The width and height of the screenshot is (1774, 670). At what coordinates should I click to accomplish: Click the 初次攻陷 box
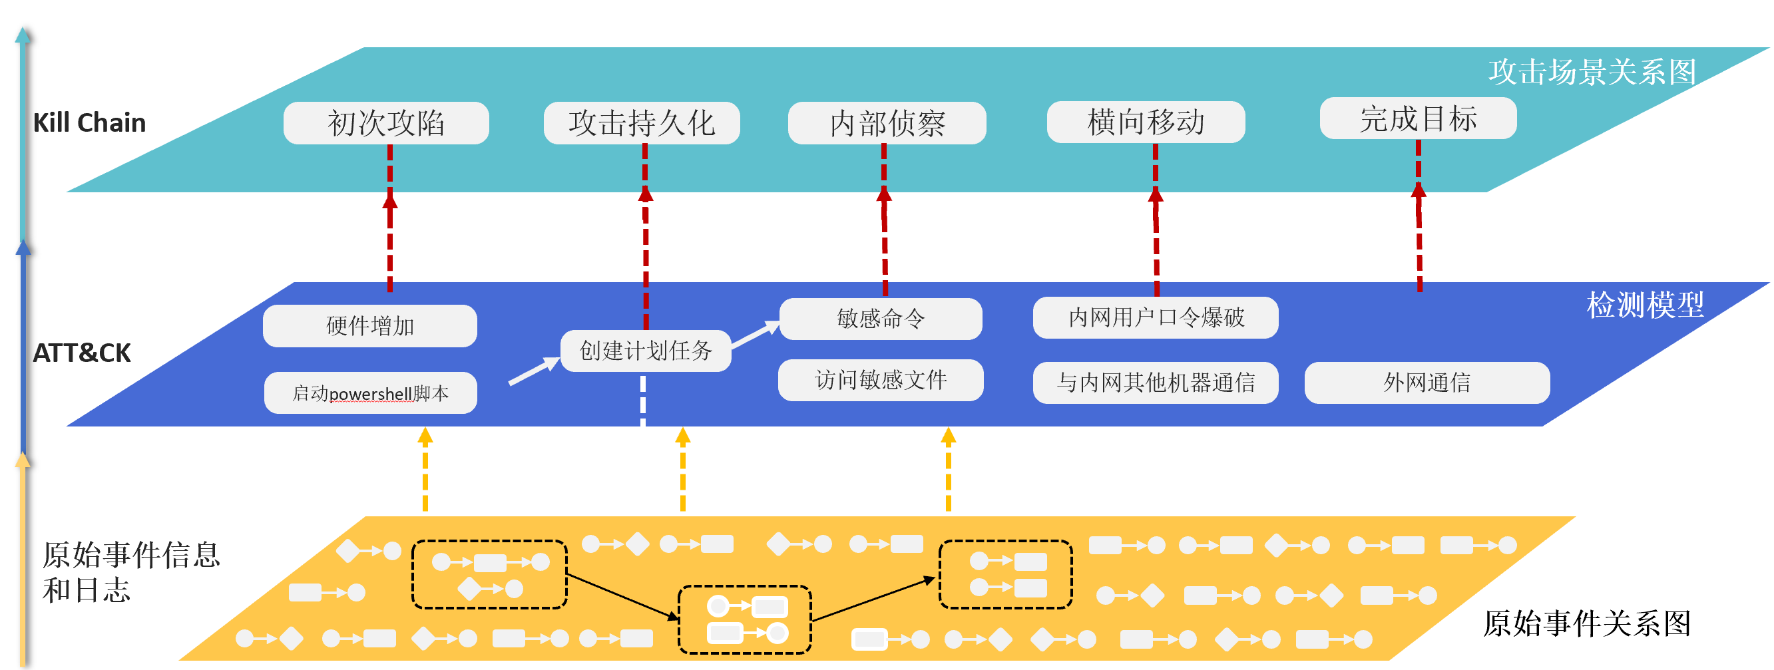pos(385,123)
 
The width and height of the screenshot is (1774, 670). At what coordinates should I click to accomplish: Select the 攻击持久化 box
pos(641,123)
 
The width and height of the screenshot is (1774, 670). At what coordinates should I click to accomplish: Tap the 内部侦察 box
pos(886,123)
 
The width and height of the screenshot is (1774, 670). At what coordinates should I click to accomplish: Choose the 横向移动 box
pos(1145,122)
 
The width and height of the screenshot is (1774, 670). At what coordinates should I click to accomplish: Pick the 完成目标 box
pos(1417,118)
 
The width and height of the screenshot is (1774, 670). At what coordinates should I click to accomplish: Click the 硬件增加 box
pos(370,326)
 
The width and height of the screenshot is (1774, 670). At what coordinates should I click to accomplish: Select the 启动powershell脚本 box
pos(371,393)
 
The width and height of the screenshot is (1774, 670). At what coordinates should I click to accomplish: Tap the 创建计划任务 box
pos(645,351)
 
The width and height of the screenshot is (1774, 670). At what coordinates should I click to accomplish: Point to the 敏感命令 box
pos(880,319)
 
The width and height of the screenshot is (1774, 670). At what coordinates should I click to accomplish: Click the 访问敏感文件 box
pos(880,380)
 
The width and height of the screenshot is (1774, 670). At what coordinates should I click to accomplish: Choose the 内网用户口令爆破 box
pos(1155,317)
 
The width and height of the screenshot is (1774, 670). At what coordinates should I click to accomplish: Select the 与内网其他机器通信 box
pos(1155,383)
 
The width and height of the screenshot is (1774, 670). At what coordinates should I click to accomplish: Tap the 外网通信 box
pos(1427,383)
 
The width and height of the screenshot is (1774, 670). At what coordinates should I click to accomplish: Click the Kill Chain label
pos(89,122)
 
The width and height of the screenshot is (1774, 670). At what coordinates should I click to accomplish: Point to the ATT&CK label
pos(81,353)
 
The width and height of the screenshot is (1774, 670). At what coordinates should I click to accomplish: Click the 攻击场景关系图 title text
pos(1592,73)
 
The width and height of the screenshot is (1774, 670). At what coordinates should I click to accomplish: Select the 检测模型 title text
pos(1645,305)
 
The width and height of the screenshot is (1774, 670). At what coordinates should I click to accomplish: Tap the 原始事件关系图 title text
pos(1586,624)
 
